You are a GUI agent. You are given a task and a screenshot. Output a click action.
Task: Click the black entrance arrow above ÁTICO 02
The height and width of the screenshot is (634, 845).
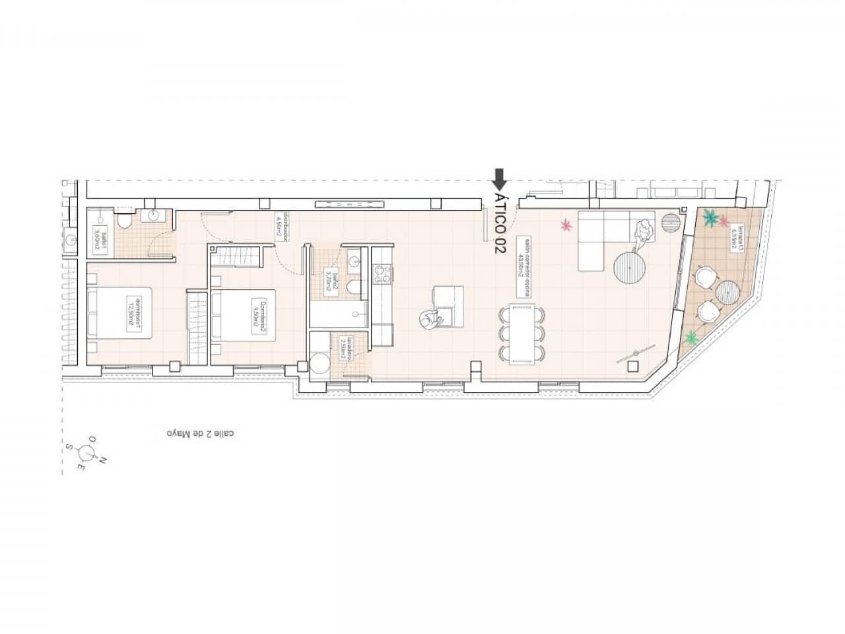coord(500,178)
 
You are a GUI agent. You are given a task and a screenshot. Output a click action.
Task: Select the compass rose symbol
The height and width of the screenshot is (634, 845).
coord(86,452)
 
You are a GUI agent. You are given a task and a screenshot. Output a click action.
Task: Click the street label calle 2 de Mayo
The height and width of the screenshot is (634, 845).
coord(200,434)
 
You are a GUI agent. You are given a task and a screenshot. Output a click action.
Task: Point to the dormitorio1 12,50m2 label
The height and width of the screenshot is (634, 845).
coord(136,313)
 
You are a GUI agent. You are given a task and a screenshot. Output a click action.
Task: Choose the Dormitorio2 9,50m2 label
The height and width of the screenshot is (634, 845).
coord(259,316)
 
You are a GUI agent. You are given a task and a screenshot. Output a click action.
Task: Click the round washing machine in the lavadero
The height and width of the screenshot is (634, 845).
coord(322,365)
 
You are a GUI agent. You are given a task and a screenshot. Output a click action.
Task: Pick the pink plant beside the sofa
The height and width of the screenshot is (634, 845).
coord(566,226)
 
